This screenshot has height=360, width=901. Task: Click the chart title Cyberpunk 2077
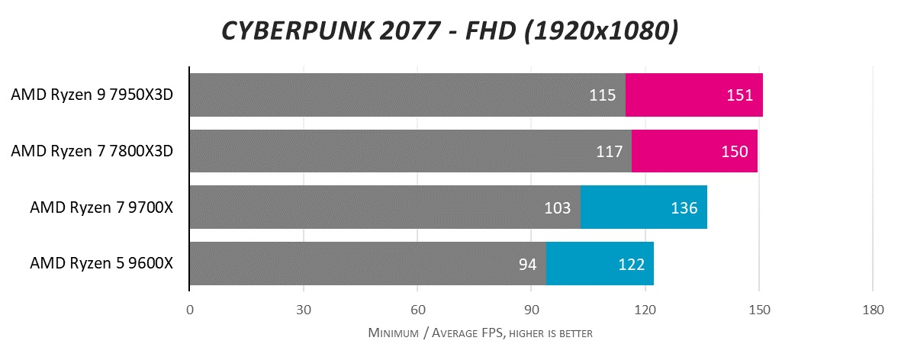point(449,31)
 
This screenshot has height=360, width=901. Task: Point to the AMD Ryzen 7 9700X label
point(101,207)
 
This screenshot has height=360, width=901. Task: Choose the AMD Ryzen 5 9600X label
point(101,263)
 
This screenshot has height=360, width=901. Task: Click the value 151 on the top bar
point(739,95)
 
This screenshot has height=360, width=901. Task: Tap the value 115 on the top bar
point(602,95)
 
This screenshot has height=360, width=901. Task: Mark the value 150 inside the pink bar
point(734,152)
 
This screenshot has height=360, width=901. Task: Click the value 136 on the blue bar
point(684,207)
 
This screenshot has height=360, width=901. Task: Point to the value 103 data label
point(558,207)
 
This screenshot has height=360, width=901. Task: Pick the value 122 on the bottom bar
point(631,264)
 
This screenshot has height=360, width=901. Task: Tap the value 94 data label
point(528,264)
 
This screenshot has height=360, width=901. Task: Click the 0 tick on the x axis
point(189,310)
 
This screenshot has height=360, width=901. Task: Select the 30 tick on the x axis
point(304,310)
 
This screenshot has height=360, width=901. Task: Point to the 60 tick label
point(417,310)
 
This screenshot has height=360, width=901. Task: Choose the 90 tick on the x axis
point(531,310)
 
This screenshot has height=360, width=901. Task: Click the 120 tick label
point(645,310)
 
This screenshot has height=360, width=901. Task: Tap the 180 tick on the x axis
point(873,310)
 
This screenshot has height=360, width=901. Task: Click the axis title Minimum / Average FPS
point(481,333)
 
